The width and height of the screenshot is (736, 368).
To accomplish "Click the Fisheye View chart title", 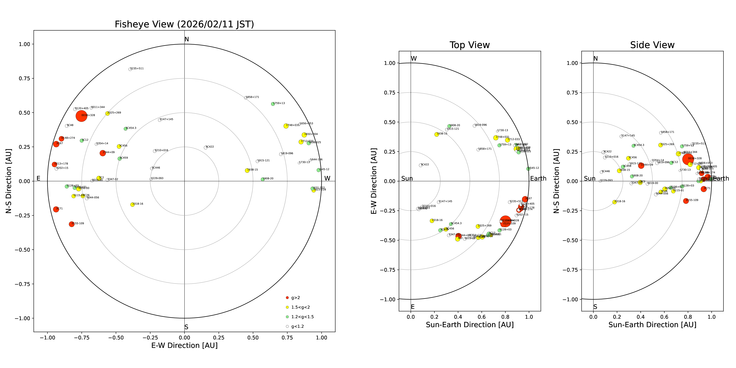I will pos(184,24).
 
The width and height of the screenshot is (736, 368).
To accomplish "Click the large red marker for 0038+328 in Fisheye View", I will pos(81,116).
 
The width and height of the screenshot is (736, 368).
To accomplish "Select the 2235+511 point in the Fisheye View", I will pos(130,69).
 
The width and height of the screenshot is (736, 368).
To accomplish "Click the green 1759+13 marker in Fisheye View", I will pos(273,104).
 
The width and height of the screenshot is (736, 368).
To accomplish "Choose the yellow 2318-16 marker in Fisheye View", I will pos(132,205).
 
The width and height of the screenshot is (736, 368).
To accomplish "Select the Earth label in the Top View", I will pos(538,179).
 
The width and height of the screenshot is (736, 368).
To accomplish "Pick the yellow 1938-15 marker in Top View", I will pos(437,134).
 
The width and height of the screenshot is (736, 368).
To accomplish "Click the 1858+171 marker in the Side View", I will pos(661,133).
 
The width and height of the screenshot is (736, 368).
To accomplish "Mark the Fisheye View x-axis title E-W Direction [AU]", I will pos(184,345).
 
